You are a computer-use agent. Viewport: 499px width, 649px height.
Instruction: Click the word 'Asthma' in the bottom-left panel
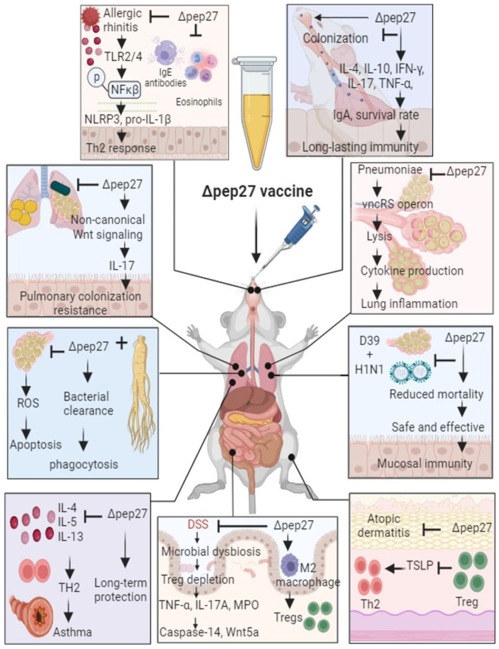(73, 632)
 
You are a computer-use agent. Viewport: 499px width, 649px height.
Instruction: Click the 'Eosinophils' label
(199, 102)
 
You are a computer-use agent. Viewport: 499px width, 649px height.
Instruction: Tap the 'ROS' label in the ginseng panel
(28, 403)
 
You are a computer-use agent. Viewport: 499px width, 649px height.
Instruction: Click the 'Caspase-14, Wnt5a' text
(209, 632)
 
